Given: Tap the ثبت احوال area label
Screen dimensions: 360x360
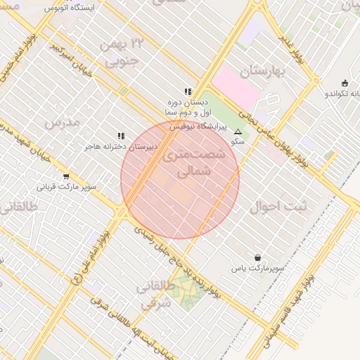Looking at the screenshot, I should (278, 207).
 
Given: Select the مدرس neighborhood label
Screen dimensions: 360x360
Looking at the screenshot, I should (63, 122).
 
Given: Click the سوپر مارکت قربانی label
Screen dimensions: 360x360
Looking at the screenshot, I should (67, 188).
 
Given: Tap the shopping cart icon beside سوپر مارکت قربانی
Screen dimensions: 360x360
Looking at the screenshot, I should (66, 176).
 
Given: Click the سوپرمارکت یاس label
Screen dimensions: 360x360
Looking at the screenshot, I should (260, 269).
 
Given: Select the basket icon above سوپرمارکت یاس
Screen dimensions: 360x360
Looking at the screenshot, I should (257, 258).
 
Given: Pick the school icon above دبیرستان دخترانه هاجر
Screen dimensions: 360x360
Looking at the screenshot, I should (121, 136).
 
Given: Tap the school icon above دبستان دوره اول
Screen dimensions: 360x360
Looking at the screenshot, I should (188, 91).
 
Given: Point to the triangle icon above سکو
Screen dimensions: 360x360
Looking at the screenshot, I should (238, 131).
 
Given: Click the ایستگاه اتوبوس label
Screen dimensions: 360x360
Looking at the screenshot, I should (73, 8).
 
